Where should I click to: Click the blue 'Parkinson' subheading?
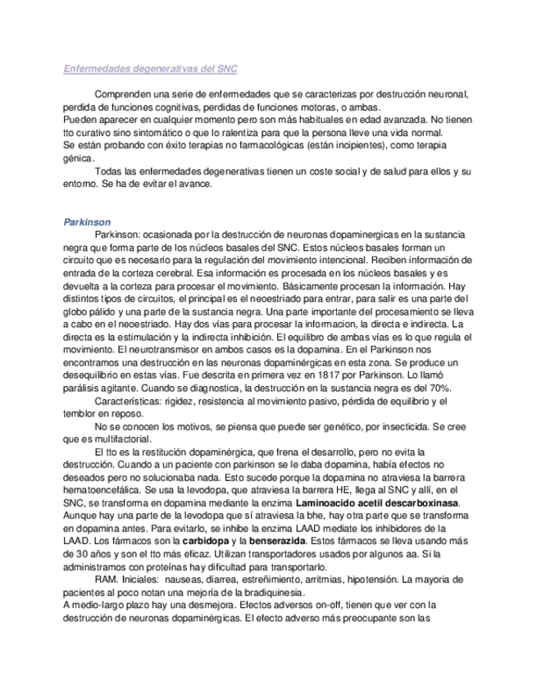coord(87,222)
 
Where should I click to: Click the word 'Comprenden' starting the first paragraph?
coord(125,95)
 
